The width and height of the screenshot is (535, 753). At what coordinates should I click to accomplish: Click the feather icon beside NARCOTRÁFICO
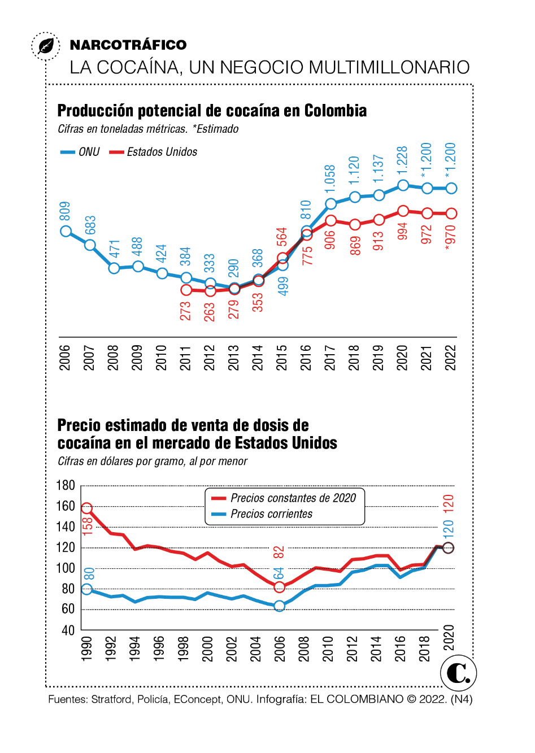tap(46, 45)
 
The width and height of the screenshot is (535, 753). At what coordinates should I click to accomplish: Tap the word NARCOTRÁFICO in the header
tap(128, 45)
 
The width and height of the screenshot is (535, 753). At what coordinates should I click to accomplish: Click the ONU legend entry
tap(81, 152)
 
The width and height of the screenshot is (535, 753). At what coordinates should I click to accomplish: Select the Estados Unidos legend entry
tap(154, 152)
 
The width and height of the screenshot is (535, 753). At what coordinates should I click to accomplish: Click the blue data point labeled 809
tap(66, 231)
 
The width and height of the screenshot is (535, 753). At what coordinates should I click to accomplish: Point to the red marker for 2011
tap(186, 290)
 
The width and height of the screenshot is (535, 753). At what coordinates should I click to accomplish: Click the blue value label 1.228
tap(402, 161)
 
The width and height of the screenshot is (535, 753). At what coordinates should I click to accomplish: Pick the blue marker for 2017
tap(330, 204)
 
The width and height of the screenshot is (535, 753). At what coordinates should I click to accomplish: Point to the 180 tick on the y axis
tap(66, 486)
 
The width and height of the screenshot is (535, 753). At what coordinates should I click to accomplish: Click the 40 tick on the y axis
tap(68, 630)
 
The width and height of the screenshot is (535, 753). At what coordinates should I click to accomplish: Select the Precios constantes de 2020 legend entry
tap(285, 498)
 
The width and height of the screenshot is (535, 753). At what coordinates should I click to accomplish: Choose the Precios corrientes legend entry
tap(263, 514)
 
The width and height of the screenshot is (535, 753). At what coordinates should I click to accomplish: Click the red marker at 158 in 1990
tap(87, 508)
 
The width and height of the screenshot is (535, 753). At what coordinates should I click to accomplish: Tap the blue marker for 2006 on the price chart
tap(279, 606)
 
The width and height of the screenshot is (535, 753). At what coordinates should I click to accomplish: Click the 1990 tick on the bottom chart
tap(86, 648)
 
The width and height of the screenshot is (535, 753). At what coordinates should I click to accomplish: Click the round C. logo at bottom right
tap(458, 673)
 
